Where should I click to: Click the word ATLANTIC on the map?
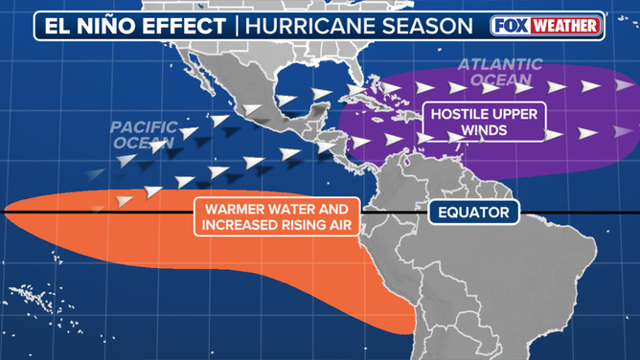coord(499,65)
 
